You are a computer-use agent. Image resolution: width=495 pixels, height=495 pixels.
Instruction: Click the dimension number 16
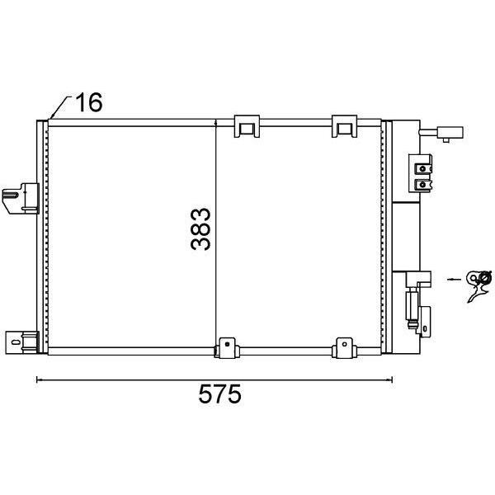click(x=89, y=102)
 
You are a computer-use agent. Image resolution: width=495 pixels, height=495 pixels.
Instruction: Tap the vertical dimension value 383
click(x=200, y=229)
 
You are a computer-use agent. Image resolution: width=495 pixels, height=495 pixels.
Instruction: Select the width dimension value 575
click(x=219, y=394)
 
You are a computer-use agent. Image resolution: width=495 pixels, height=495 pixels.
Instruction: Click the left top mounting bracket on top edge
click(x=247, y=126)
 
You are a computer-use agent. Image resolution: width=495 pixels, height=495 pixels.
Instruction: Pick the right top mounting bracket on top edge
click(x=344, y=126)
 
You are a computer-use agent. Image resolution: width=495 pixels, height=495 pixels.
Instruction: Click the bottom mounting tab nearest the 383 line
click(x=227, y=348)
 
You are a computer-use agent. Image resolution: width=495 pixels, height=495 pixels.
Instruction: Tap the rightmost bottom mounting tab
click(x=344, y=348)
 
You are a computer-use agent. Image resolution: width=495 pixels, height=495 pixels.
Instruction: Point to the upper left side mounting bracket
click(x=21, y=199)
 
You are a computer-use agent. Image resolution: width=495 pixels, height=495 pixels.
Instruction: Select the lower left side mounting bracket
click(x=21, y=342)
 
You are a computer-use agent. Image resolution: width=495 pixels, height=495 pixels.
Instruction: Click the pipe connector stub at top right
click(x=441, y=133)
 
